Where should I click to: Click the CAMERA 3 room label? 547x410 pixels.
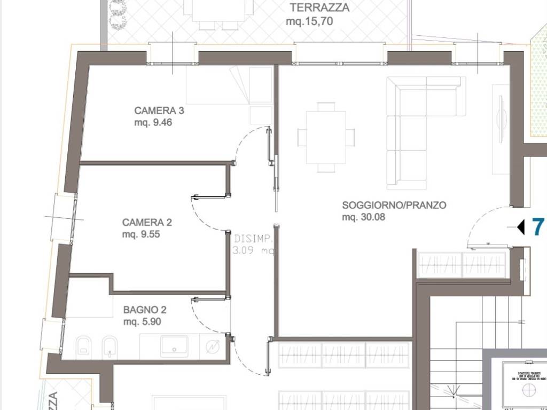click(x=159, y=111)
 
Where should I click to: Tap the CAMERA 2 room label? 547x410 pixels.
click(x=147, y=222)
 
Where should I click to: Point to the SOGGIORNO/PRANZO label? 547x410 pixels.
click(x=394, y=205)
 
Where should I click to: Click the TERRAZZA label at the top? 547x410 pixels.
click(x=319, y=7)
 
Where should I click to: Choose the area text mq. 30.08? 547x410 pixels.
click(x=364, y=217)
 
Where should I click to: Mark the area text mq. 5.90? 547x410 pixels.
click(x=142, y=321)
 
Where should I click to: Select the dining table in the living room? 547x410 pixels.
click(x=326, y=137)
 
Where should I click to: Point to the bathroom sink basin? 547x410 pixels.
click(x=175, y=346)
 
